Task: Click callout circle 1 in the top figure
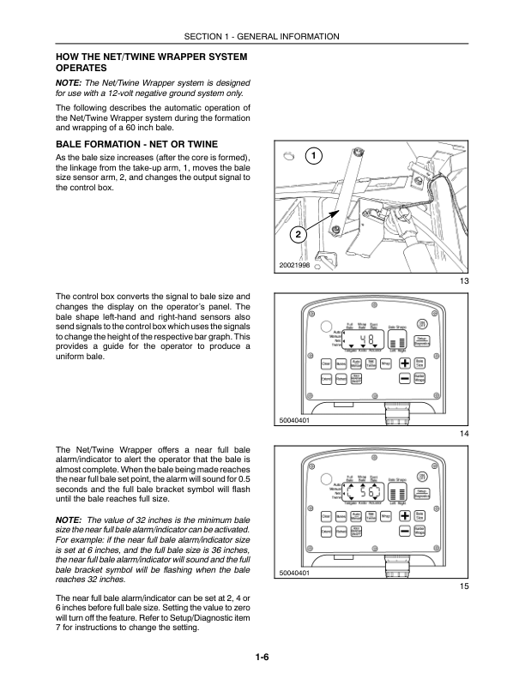point(315,156)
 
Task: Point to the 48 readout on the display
point(365,339)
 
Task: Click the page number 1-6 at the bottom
point(262,658)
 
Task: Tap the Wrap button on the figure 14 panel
point(386,362)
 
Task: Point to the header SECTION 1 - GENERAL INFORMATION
point(262,36)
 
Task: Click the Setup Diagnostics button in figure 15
point(421,493)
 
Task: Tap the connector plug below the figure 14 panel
point(397,413)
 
